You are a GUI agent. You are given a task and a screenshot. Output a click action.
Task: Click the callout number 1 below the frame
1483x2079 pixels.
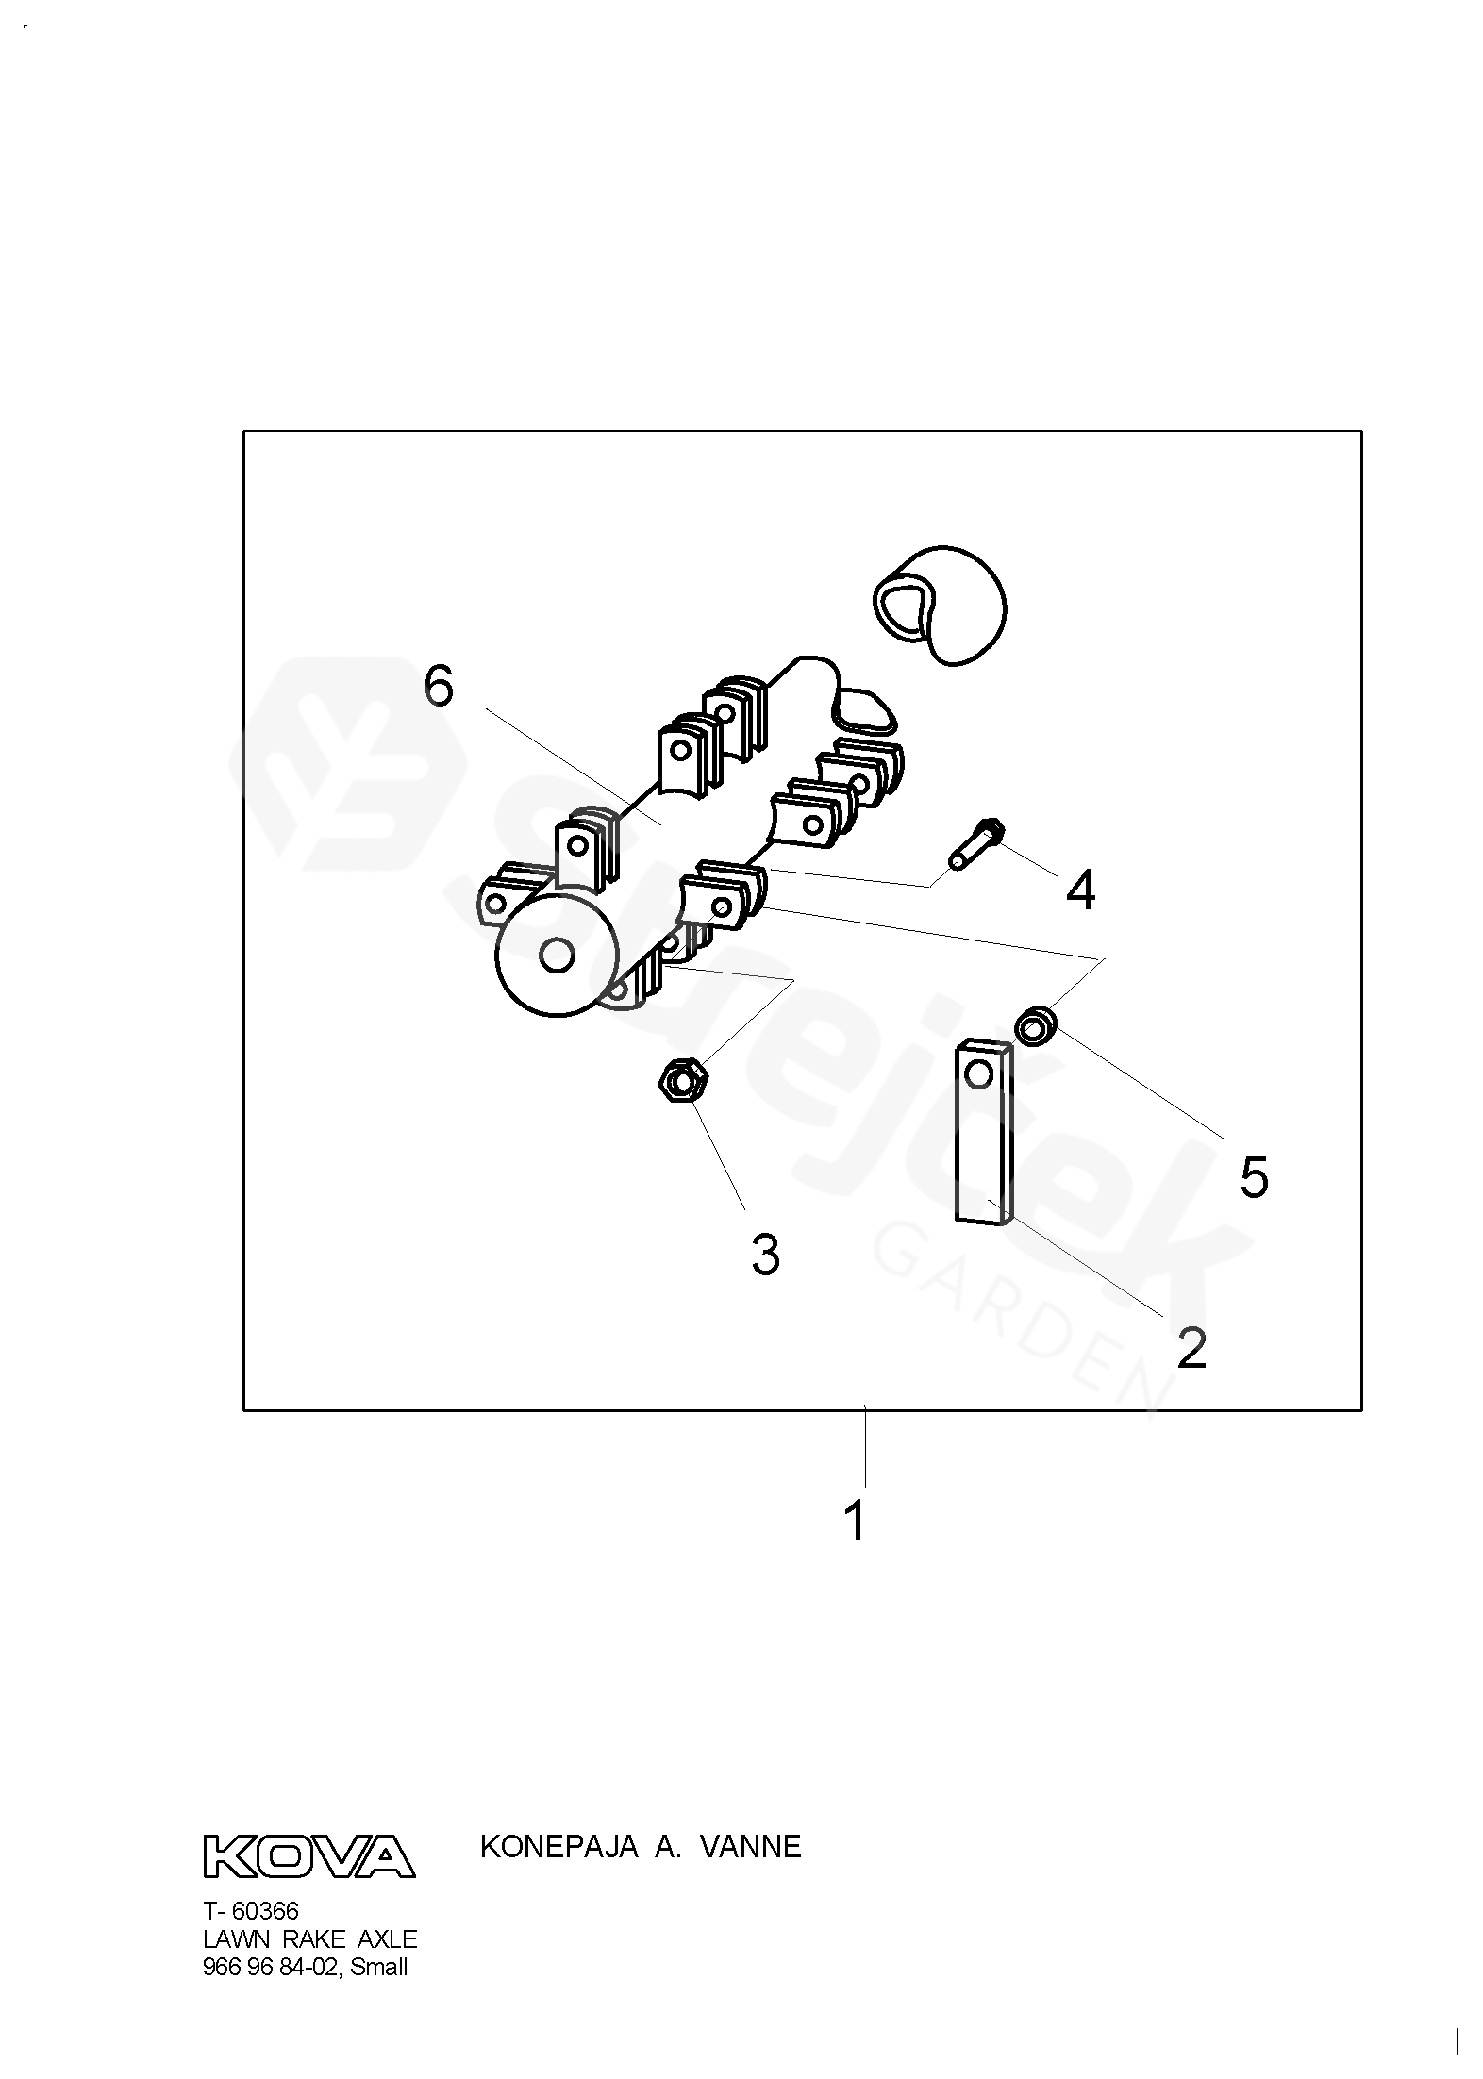coord(855,1521)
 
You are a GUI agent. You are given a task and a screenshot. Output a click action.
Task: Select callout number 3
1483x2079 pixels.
coord(765,1255)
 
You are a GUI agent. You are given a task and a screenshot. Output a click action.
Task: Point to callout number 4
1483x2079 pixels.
coord(1080,890)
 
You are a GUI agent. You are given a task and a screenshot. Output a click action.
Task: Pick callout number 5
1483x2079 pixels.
coord(1253,1177)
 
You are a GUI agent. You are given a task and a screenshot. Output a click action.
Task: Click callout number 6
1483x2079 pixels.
coord(439,686)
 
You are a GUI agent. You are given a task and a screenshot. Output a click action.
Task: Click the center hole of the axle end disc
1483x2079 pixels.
coord(556,956)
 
